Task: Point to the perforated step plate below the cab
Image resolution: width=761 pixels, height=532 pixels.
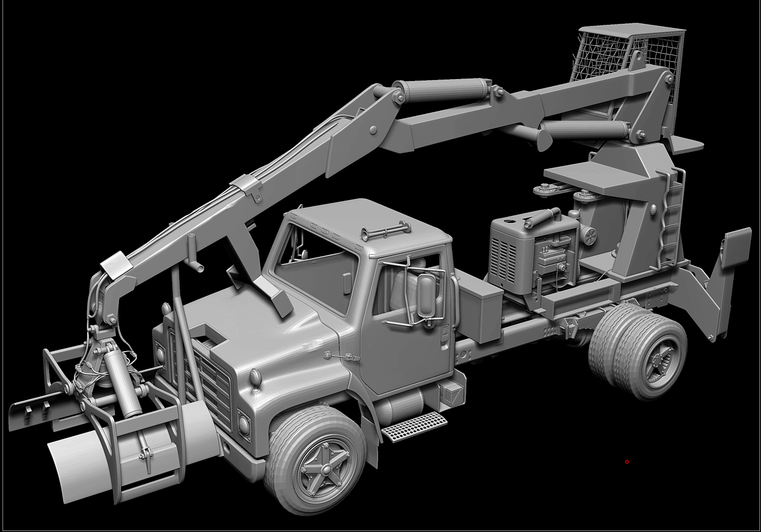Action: coord(415,427)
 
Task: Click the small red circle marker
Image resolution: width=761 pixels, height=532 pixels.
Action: coord(627,462)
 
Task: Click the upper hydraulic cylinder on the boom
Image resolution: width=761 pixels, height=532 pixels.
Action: coord(446,92)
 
